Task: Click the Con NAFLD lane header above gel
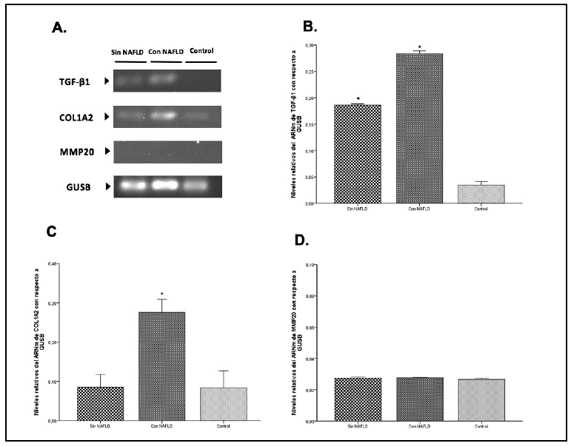[163, 53]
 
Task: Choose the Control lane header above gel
[201, 51]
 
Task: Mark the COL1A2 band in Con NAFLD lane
[164, 116]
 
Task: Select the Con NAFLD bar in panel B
[419, 128]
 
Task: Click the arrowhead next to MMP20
[108, 151]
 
